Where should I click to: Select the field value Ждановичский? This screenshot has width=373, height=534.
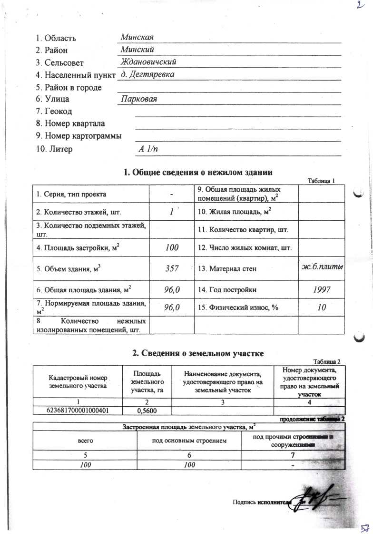click(x=149, y=62)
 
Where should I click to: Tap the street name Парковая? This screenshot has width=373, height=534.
click(x=139, y=99)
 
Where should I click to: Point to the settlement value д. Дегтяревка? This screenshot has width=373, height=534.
click(x=147, y=74)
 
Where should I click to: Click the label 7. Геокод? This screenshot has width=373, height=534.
click(x=54, y=112)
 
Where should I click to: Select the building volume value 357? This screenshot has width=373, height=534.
click(x=171, y=269)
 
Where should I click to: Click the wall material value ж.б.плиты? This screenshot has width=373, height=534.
click(x=322, y=267)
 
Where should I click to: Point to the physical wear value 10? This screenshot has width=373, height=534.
click(x=322, y=308)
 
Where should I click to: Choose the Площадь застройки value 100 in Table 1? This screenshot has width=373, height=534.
click(x=171, y=247)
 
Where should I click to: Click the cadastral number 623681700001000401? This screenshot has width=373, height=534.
click(x=78, y=410)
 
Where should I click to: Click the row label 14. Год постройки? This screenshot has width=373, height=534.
click(x=227, y=290)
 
